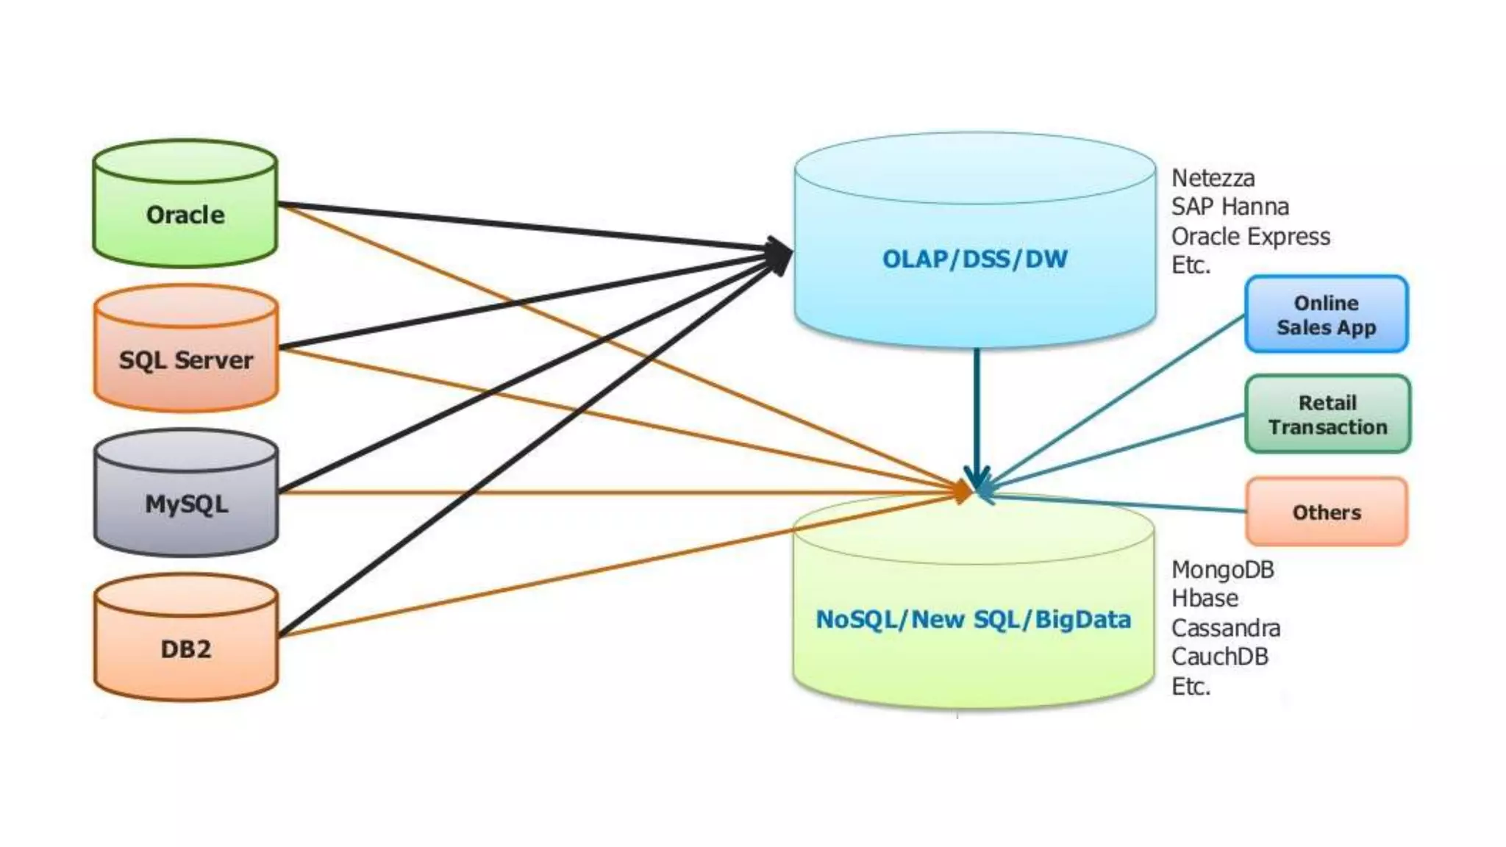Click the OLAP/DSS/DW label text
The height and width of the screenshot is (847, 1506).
coord(974,259)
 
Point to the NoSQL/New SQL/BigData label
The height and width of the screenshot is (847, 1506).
coord(973,619)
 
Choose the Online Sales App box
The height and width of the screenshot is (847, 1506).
coord(1326,315)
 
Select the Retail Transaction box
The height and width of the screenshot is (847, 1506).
coord(1327,415)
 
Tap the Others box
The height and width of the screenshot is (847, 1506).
coord(1327,512)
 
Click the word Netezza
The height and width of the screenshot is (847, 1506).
coord(1213,178)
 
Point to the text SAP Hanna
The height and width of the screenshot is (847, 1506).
coord(1230,207)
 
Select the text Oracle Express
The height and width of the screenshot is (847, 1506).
coord(1250,237)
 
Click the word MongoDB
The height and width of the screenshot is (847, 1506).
coord(1222,570)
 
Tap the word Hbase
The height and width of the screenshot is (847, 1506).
coord(1205,598)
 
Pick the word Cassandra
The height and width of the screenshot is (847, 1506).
coord(1225,628)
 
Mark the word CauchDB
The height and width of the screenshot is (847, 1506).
coord(1219,657)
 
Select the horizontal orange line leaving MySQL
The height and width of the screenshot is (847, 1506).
coord(588,493)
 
